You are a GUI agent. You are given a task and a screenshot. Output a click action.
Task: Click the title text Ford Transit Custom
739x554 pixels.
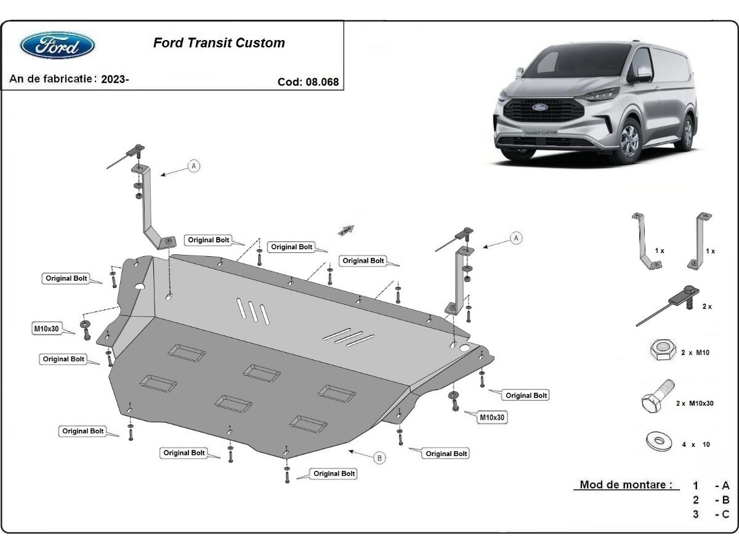click(219, 43)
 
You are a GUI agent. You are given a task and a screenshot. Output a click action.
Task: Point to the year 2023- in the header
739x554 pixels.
click(115, 79)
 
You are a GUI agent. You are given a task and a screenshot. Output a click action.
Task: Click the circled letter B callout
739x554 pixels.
click(379, 457)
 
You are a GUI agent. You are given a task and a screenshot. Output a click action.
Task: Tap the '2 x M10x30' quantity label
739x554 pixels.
click(695, 404)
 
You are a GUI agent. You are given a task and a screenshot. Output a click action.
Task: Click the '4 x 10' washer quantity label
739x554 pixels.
click(696, 444)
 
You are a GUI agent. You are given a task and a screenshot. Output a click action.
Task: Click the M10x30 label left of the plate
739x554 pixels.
click(46, 329)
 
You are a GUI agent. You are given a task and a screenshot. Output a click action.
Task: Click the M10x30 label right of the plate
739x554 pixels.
click(492, 417)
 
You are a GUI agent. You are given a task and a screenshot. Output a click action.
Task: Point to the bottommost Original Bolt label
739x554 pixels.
click(334, 474)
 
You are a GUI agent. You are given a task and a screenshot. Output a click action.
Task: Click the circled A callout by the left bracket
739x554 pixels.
click(194, 166)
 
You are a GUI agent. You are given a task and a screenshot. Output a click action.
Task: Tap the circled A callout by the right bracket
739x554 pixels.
click(516, 238)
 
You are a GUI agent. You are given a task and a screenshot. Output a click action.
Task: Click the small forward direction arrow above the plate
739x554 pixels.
click(347, 230)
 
